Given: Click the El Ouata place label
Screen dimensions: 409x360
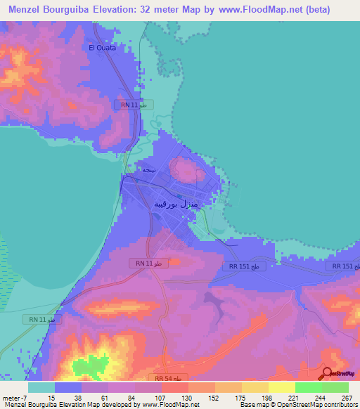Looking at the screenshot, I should pyautogui.click(x=102, y=48).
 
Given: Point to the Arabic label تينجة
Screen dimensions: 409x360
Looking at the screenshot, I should pyautogui.click(x=149, y=169).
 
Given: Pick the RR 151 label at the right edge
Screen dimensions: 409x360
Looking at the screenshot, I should pyautogui.click(x=346, y=266).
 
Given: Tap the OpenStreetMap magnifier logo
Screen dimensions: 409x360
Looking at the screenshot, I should pyautogui.click(x=328, y=373).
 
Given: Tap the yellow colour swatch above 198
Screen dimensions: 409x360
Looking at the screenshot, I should pyautogui.click(x=255, y=387).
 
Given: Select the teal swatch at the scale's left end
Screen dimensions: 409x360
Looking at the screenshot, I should pyautogui.click(x=41, y=387).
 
